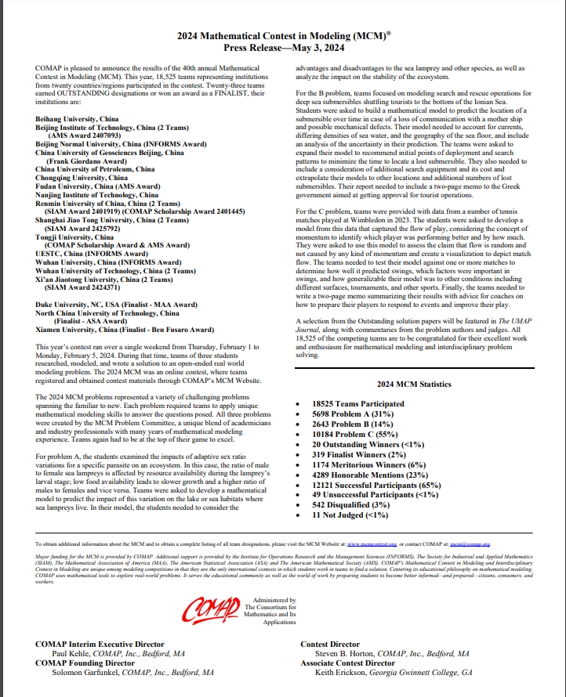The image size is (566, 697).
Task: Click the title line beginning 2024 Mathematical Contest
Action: tap(282, 36)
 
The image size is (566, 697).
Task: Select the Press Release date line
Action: tap(282, 48)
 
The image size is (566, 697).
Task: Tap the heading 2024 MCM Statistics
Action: tap(414, 385)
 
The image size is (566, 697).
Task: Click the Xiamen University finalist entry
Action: tap(124, 330)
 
